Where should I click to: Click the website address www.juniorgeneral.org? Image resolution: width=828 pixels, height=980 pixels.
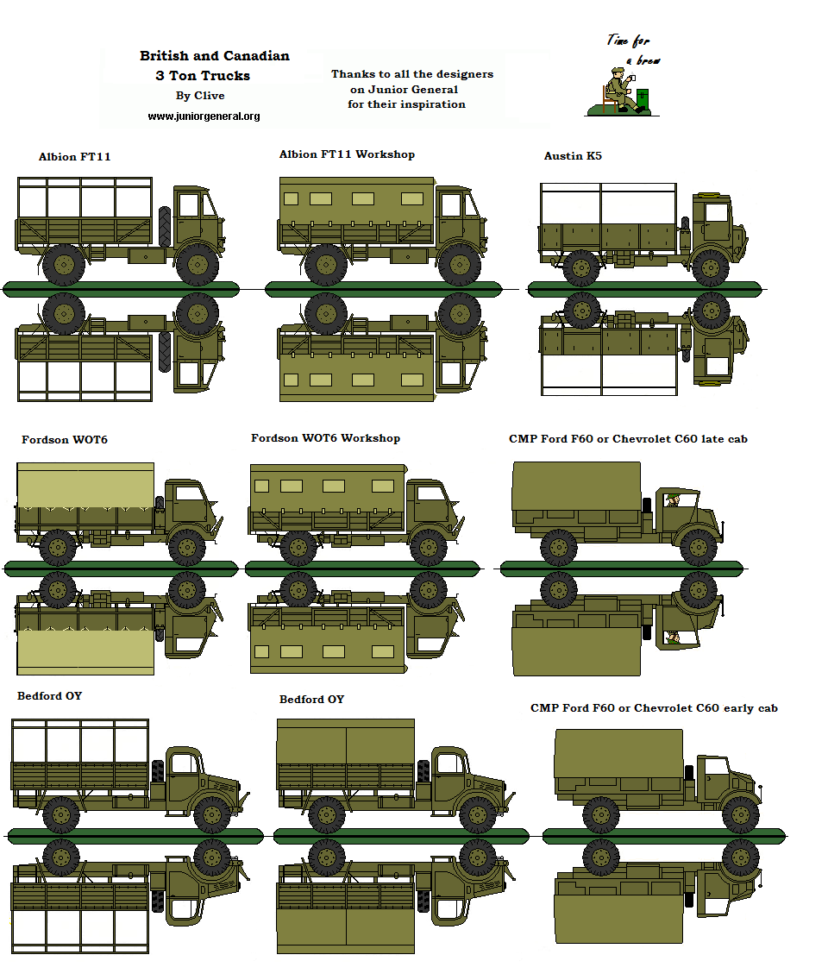(x=204, y=116)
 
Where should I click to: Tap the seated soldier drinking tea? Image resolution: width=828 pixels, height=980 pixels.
(x=620, y=89)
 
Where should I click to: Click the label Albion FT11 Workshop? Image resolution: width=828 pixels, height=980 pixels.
(x=347, y=154)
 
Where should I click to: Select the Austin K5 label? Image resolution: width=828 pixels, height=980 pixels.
(x=573, y=156)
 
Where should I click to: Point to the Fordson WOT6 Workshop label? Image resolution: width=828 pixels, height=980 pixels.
(x=325, y=438)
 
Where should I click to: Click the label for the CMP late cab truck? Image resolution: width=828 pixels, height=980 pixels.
(x=628, y=439)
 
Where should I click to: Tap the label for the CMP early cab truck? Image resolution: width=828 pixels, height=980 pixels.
(x=654, y=708)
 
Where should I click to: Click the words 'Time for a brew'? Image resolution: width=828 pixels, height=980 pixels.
(x=633, y=50)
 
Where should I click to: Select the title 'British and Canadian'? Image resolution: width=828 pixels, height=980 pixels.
(x=215, y=56)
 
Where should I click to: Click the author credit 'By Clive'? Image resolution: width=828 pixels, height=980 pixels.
(x=200, y=96)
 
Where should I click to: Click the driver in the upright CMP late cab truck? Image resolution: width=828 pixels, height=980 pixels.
(x=673, y=500)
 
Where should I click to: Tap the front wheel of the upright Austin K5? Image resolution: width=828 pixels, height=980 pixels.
(x=711, y=267)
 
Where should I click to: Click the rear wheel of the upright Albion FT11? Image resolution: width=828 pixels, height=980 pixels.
(x=63, y=265)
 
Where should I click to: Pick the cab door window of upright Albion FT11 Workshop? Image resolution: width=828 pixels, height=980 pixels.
(x=451, y=206)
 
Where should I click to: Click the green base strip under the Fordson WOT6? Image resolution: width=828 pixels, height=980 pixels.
(x=120, y=567)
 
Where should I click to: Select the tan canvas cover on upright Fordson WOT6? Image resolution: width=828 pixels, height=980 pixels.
(x=85, y=484)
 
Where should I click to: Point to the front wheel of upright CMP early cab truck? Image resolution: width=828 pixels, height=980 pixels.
(x=740, y=813)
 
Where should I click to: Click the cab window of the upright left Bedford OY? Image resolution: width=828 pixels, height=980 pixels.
(x=183, y=763)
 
